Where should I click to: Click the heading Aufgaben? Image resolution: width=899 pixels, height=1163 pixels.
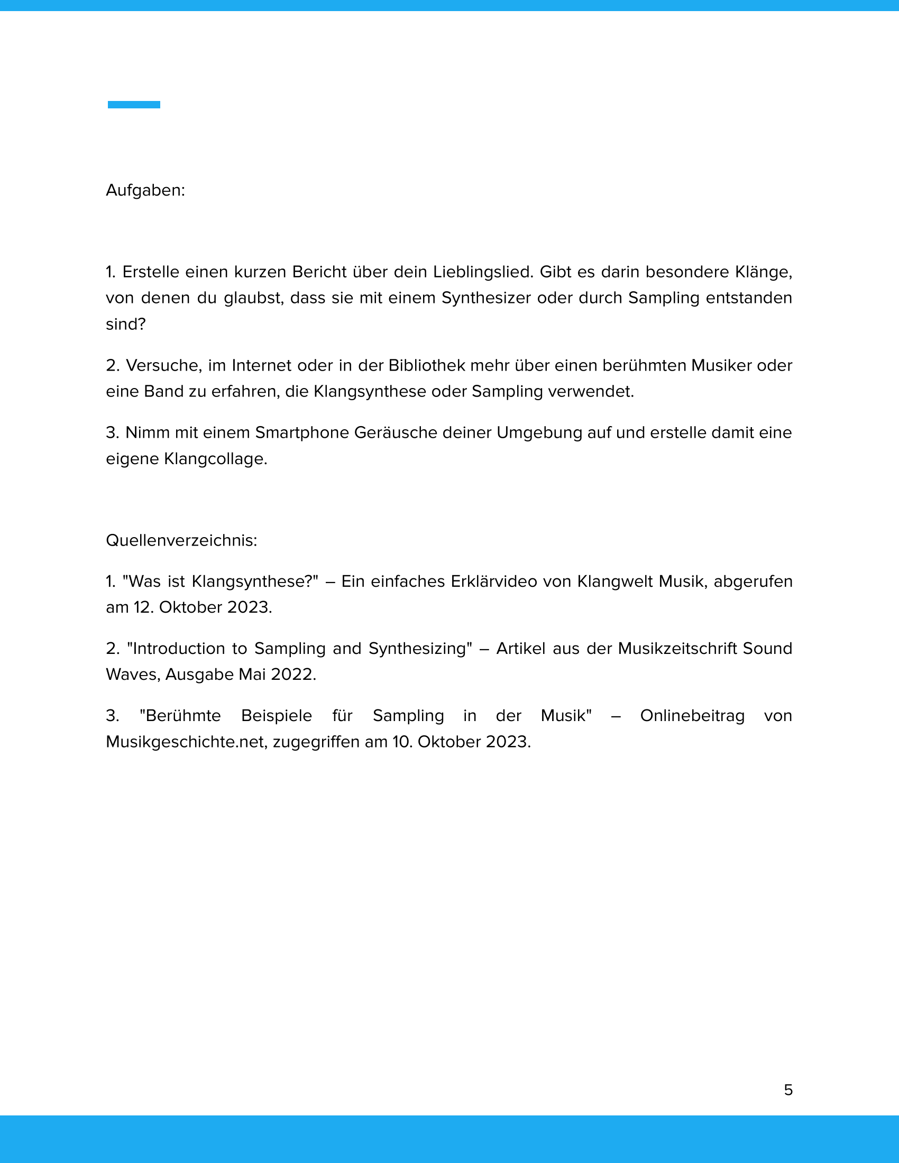[x=145, y=190]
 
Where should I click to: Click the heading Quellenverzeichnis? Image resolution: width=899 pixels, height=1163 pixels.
[x=181, y=540]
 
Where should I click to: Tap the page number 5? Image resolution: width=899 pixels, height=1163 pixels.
[x=788, y=1090]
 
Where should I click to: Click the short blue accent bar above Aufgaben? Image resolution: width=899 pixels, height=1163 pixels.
[x=134, y=104]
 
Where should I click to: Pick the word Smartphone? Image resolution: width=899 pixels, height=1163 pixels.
[x=301, y=432]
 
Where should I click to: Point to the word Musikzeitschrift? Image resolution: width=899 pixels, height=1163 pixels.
[x=677, y=649]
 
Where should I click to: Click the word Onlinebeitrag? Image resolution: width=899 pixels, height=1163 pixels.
[x=692, y=716]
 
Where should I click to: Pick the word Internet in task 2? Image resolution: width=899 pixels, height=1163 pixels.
[x=261, y=366]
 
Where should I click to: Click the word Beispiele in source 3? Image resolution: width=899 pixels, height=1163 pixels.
[x=277, y=716]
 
